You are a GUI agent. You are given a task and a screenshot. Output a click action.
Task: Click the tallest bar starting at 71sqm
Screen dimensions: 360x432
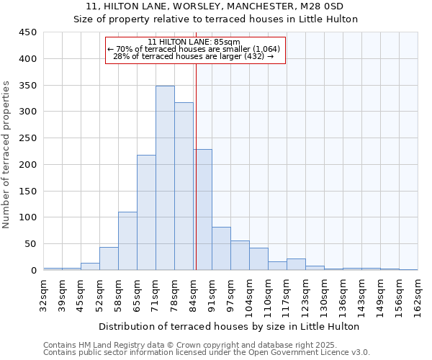click(165, 178)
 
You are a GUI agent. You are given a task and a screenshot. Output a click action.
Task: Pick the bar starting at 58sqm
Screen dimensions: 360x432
click(127, 240)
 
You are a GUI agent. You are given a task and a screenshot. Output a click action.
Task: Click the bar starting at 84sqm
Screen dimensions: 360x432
click(202, 210)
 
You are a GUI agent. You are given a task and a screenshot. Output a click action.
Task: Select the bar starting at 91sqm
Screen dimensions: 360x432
click(221, 248)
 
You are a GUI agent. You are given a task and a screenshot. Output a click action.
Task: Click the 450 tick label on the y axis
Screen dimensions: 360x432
click(28, 32)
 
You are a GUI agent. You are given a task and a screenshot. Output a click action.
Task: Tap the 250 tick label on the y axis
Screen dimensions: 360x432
click(28, 138)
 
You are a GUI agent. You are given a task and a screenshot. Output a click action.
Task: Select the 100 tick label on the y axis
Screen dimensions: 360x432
click(28, 217)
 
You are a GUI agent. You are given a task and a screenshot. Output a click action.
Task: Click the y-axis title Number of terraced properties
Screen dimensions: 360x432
click(6, 155)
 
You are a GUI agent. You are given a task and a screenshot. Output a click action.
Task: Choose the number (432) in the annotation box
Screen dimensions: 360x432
click(253, 56)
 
